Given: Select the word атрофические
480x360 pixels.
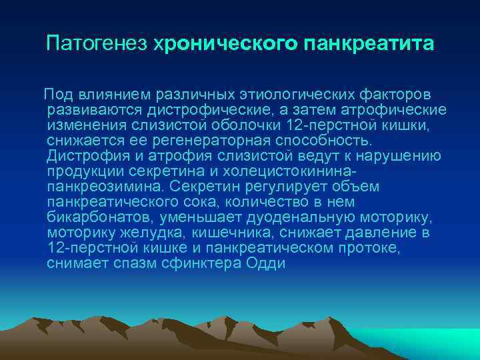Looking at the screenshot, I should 387,110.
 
